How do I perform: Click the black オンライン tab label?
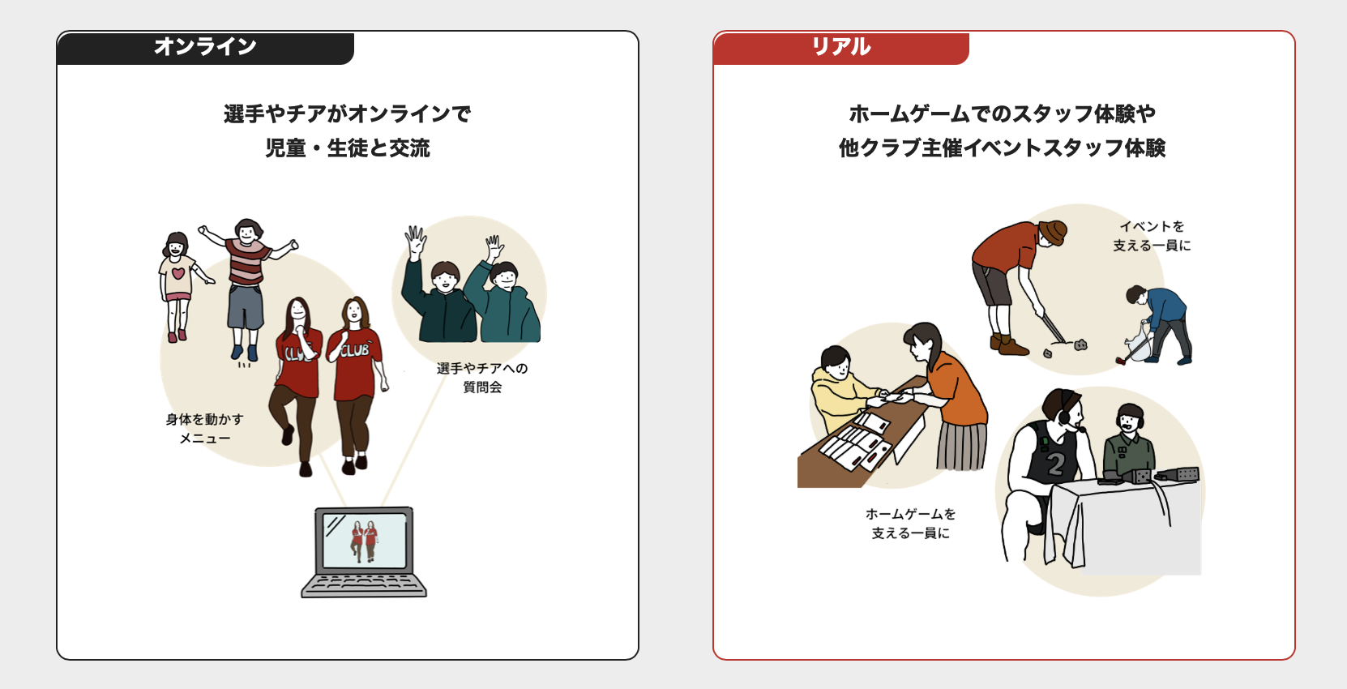point(205,47)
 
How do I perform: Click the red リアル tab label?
point(840,47)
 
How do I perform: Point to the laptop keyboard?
point(364,584)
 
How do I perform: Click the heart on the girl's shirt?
point(178,273)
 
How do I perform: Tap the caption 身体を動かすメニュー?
point(204,429)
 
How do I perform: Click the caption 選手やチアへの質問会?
point(482,378)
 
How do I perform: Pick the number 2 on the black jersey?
point(1054,464)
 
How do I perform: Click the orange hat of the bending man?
point(1053,232)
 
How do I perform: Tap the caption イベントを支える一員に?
point(1152,236)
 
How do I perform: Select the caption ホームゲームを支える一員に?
point(910,524)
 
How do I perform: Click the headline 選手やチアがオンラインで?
point(348,113)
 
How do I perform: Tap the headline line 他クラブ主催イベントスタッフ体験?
point(1003,148)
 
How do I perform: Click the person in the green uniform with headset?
point(1129,442)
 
